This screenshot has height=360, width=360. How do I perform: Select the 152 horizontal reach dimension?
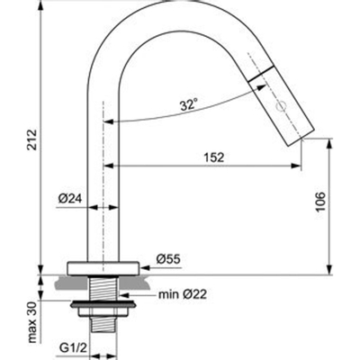pos(212,156)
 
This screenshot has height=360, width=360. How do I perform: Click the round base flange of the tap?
pos(104,266)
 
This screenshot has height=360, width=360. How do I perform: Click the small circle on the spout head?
pos(279,106)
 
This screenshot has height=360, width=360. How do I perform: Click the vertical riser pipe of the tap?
pos(104,180)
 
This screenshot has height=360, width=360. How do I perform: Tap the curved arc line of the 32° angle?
pos(162,119)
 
